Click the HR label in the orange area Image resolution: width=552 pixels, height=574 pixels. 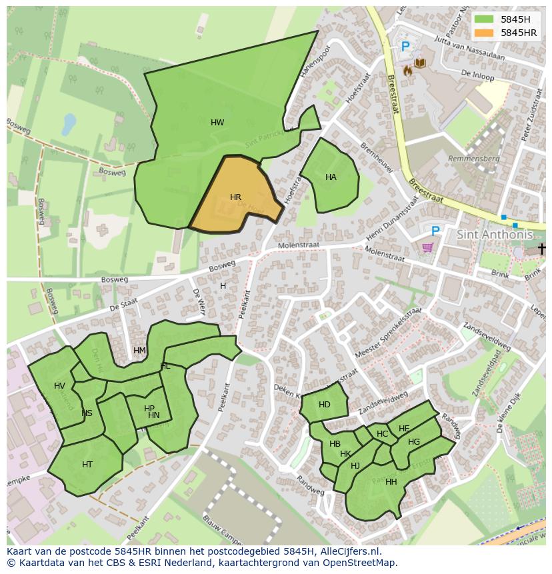tap(235, 197)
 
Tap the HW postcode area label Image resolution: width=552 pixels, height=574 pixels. tap(217, 123)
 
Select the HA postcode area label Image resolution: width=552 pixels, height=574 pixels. tap(331, 177)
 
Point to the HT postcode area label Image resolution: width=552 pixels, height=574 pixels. tap(87, 465)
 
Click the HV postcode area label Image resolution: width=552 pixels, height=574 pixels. tap(60, 386)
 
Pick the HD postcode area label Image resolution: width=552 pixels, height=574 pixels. tap(325, 405)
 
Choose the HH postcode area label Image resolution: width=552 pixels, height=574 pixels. tap(391, 482)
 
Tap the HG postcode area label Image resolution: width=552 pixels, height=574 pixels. tap(414, 442)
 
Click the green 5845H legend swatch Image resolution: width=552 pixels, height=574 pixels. tap(485, 19)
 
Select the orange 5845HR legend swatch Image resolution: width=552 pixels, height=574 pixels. tap(485, 33)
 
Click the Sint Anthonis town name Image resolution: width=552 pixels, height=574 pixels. tap(495, 235)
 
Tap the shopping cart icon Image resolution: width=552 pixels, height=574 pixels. tap(427, 247)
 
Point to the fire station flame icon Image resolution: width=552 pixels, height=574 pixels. tap(407, 68)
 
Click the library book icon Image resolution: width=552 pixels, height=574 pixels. tap(420, 63)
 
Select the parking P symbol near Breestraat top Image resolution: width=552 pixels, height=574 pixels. tap(405, 47)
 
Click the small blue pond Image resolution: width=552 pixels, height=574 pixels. tap(69, 124)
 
